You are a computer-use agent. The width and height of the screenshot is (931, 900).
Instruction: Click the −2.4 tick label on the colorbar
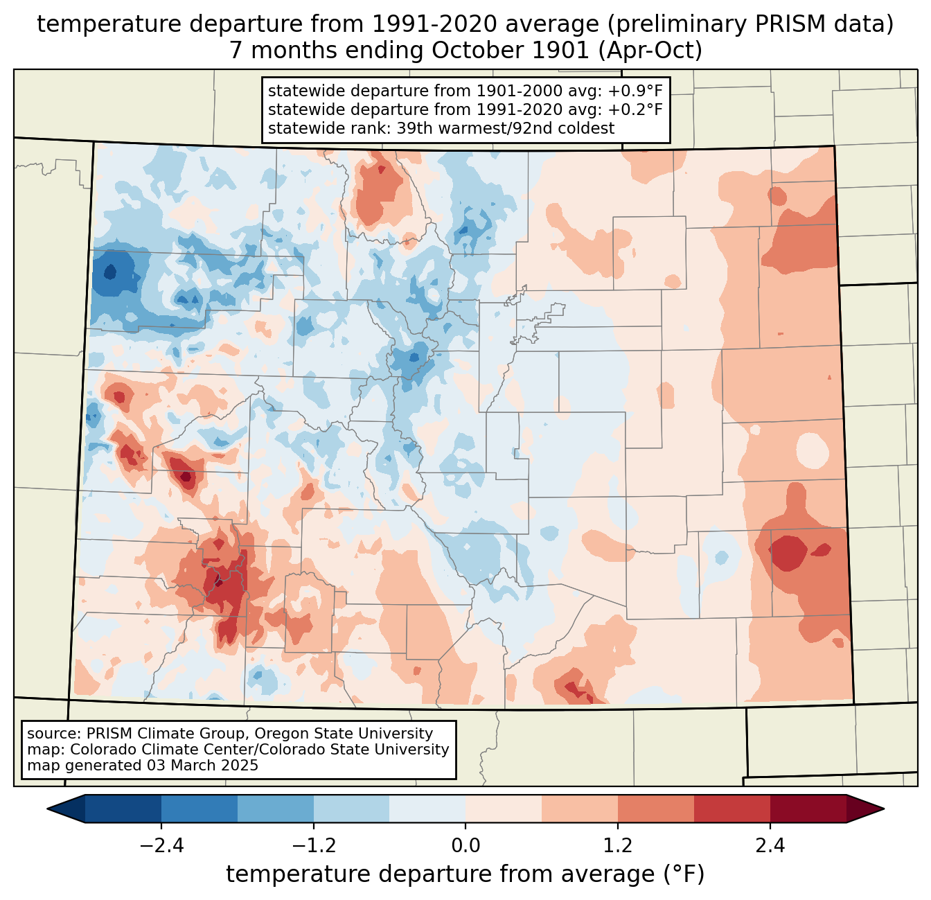coord(161,846)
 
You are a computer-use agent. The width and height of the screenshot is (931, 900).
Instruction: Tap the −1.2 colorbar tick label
coord(313,846)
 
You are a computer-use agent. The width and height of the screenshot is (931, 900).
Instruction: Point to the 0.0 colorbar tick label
coord(465,846)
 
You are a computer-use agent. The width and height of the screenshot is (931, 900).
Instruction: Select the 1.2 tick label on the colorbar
coord(618,846)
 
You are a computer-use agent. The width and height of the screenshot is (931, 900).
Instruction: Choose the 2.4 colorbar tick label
coord(770,846)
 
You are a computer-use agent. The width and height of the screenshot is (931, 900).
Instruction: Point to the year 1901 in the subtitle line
coord(547,51)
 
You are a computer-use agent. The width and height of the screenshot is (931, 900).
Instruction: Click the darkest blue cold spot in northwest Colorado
coord(115,270)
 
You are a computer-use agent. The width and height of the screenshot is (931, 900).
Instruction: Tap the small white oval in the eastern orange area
coord(812,450)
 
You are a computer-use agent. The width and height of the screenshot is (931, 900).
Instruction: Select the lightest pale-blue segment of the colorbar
coord(427,809)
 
